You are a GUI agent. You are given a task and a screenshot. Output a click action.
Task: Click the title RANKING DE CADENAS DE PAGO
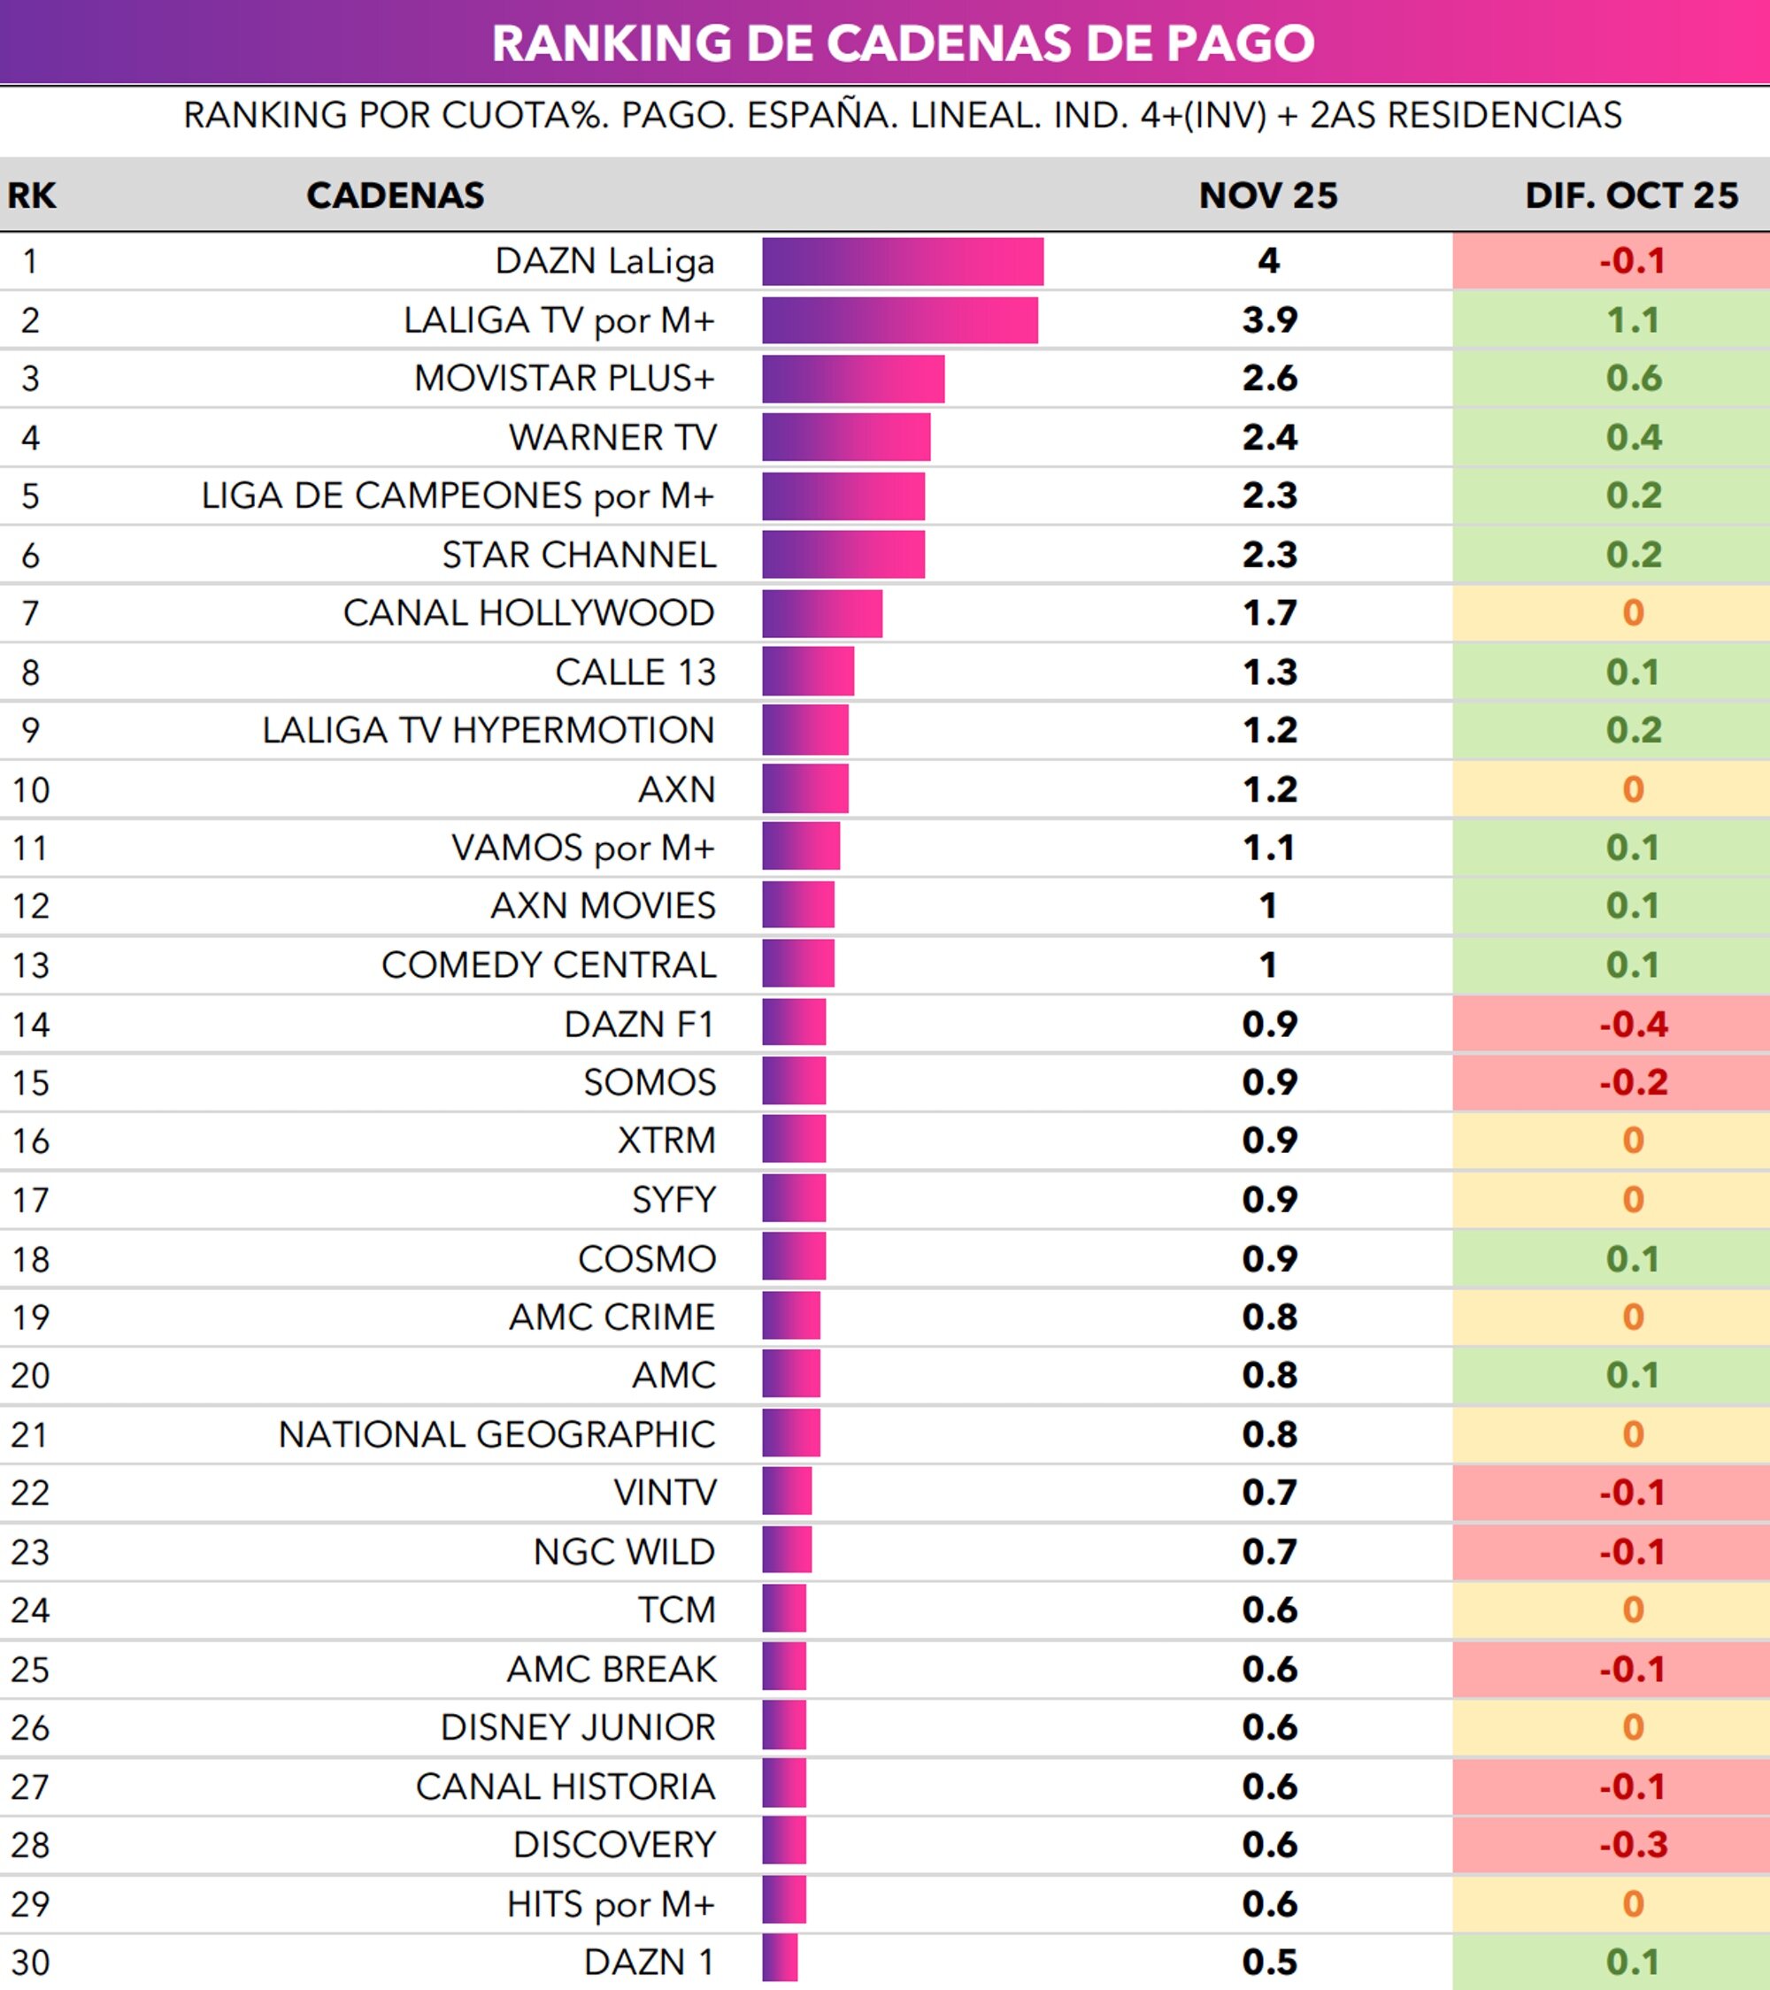tap(903, 42)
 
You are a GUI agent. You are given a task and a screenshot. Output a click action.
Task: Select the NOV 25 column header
tap(1267, 195)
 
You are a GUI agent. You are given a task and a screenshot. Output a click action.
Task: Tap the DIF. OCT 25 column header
tap(1631, 195)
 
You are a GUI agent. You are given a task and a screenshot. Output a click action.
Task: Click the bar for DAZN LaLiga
tap(903, 261)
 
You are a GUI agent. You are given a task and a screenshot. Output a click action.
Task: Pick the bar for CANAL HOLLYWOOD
tap(821, 613)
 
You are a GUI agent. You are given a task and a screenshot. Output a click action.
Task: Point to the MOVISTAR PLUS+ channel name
tap(564, 378)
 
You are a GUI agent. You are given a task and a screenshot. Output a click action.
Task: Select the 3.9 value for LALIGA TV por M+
tap(1268, 319)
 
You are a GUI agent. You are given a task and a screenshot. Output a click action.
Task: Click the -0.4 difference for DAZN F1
tap(1633, 1023)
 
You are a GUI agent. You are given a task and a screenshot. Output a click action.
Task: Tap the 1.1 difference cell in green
tap(1633, 319)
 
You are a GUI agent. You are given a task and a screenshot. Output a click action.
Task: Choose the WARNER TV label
tap(612, 437)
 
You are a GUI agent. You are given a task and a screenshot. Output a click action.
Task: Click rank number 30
tap(30, 1962)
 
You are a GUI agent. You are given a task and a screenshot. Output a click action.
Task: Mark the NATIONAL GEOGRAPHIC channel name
tap(496, 1434)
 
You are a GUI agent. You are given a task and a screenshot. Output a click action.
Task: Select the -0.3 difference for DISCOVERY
tap(1633, 1844)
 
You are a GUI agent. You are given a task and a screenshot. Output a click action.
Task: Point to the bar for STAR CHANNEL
tap(843, 554)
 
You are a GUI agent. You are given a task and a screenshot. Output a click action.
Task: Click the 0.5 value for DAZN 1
tap(1268, 1962)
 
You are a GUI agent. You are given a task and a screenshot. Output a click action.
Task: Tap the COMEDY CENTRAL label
tap(548, 964)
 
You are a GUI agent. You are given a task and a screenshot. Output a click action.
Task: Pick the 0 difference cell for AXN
tap(1633, 788)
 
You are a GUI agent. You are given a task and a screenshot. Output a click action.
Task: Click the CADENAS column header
tap(395, 195)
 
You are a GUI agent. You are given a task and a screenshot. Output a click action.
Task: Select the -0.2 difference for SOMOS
tap(1633, 1081)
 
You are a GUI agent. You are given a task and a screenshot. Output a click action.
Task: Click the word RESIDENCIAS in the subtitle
tap(1504, 115)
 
